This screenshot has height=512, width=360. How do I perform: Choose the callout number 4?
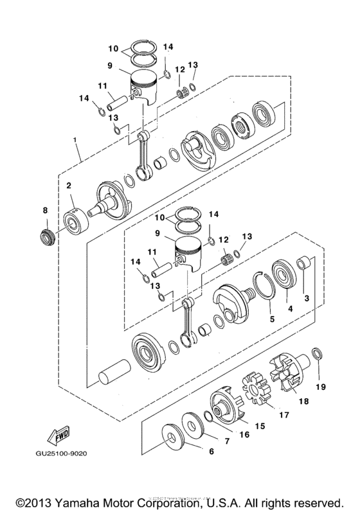point(290,309)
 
